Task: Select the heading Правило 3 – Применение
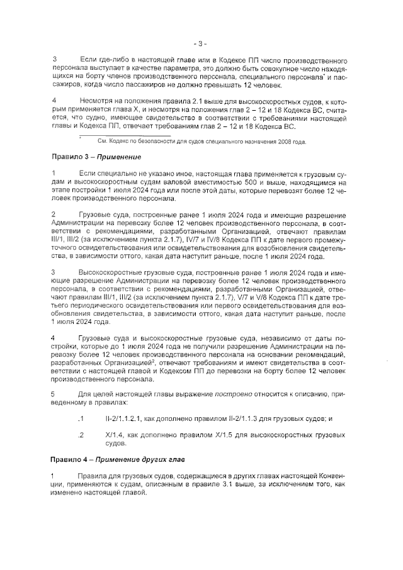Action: coord(96,157)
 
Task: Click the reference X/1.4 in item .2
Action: coord(116,435)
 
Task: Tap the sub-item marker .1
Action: coord(80,418)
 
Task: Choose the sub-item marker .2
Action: coord(80,435)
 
